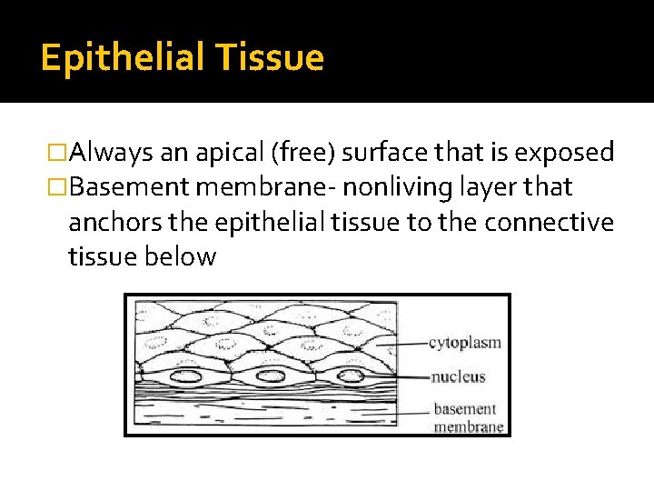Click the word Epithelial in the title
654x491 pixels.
tap(121, 58)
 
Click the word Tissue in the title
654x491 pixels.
tap(270, 58)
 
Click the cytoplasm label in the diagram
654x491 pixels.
tap(464, 343)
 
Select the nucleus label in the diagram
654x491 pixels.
tap(459, 376)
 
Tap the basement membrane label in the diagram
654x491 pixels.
tap(465, 417)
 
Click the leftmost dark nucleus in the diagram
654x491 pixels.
tap(188, 376)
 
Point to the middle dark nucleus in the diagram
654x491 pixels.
tap(270, 376)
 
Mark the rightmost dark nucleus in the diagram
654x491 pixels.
tap(351, 375)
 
